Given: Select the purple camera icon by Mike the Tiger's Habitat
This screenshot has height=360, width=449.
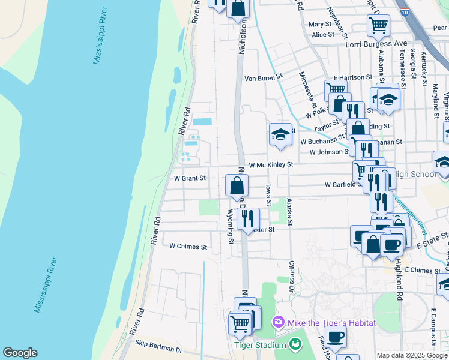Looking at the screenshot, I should click(x=279, y=323).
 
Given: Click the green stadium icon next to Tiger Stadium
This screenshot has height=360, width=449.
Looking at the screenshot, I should click(x=295, y=344).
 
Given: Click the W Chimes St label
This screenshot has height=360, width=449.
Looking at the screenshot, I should click(x=188, y=247).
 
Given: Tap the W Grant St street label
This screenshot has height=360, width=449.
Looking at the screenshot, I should click(x=190, y=178).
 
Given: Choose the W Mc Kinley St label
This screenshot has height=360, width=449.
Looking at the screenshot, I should click(x=271, y=164).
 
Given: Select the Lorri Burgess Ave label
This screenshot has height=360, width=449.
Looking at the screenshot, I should click(x=376, y=44).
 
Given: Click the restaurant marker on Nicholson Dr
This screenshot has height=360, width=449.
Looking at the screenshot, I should click(x=248, y=219).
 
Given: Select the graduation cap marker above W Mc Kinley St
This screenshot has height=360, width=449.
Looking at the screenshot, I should click(x=280, y=135).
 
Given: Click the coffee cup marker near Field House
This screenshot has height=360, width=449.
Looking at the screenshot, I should click(x=335, y=338).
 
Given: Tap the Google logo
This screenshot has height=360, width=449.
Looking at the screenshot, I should click(x=20, y=353).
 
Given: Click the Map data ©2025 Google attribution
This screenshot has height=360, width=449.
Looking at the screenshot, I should click(x=412, y=355).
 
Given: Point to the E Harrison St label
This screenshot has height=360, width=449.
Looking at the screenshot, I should click(x=352, y=77).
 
